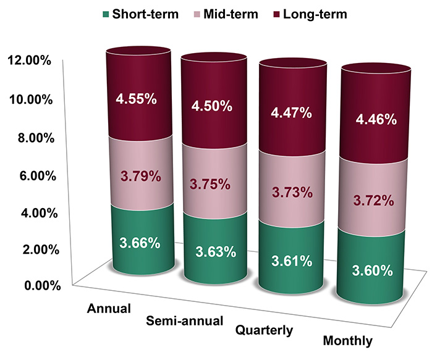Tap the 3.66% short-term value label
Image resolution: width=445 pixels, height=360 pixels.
[138, 241]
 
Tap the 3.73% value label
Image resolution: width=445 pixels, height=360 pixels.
[290, 193]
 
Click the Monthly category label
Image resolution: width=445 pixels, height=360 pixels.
[348, 340]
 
